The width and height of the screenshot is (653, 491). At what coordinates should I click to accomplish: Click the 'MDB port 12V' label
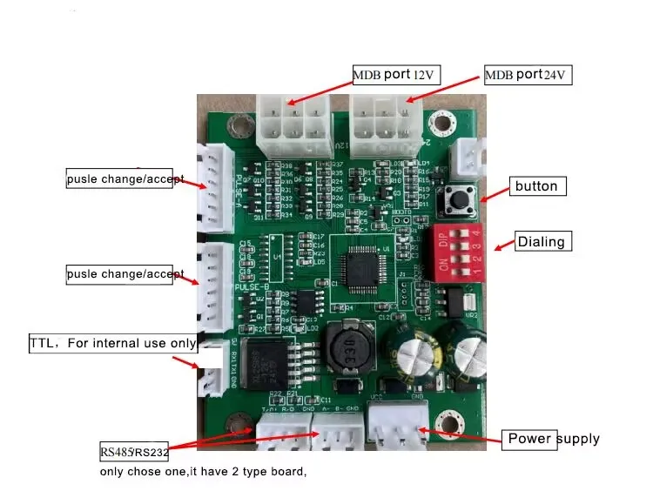(396, 74)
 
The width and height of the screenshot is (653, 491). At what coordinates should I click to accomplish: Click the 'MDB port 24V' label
(528, 75)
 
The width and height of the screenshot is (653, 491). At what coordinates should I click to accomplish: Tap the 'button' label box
(535, 185)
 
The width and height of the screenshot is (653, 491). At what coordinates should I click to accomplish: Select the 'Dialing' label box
(542, 242)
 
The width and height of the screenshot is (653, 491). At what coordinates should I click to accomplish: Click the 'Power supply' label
(552, 438)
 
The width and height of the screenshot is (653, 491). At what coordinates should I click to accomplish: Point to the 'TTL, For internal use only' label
(112, 343)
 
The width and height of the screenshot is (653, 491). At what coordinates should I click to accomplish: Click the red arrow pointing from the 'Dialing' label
(504, 246)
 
